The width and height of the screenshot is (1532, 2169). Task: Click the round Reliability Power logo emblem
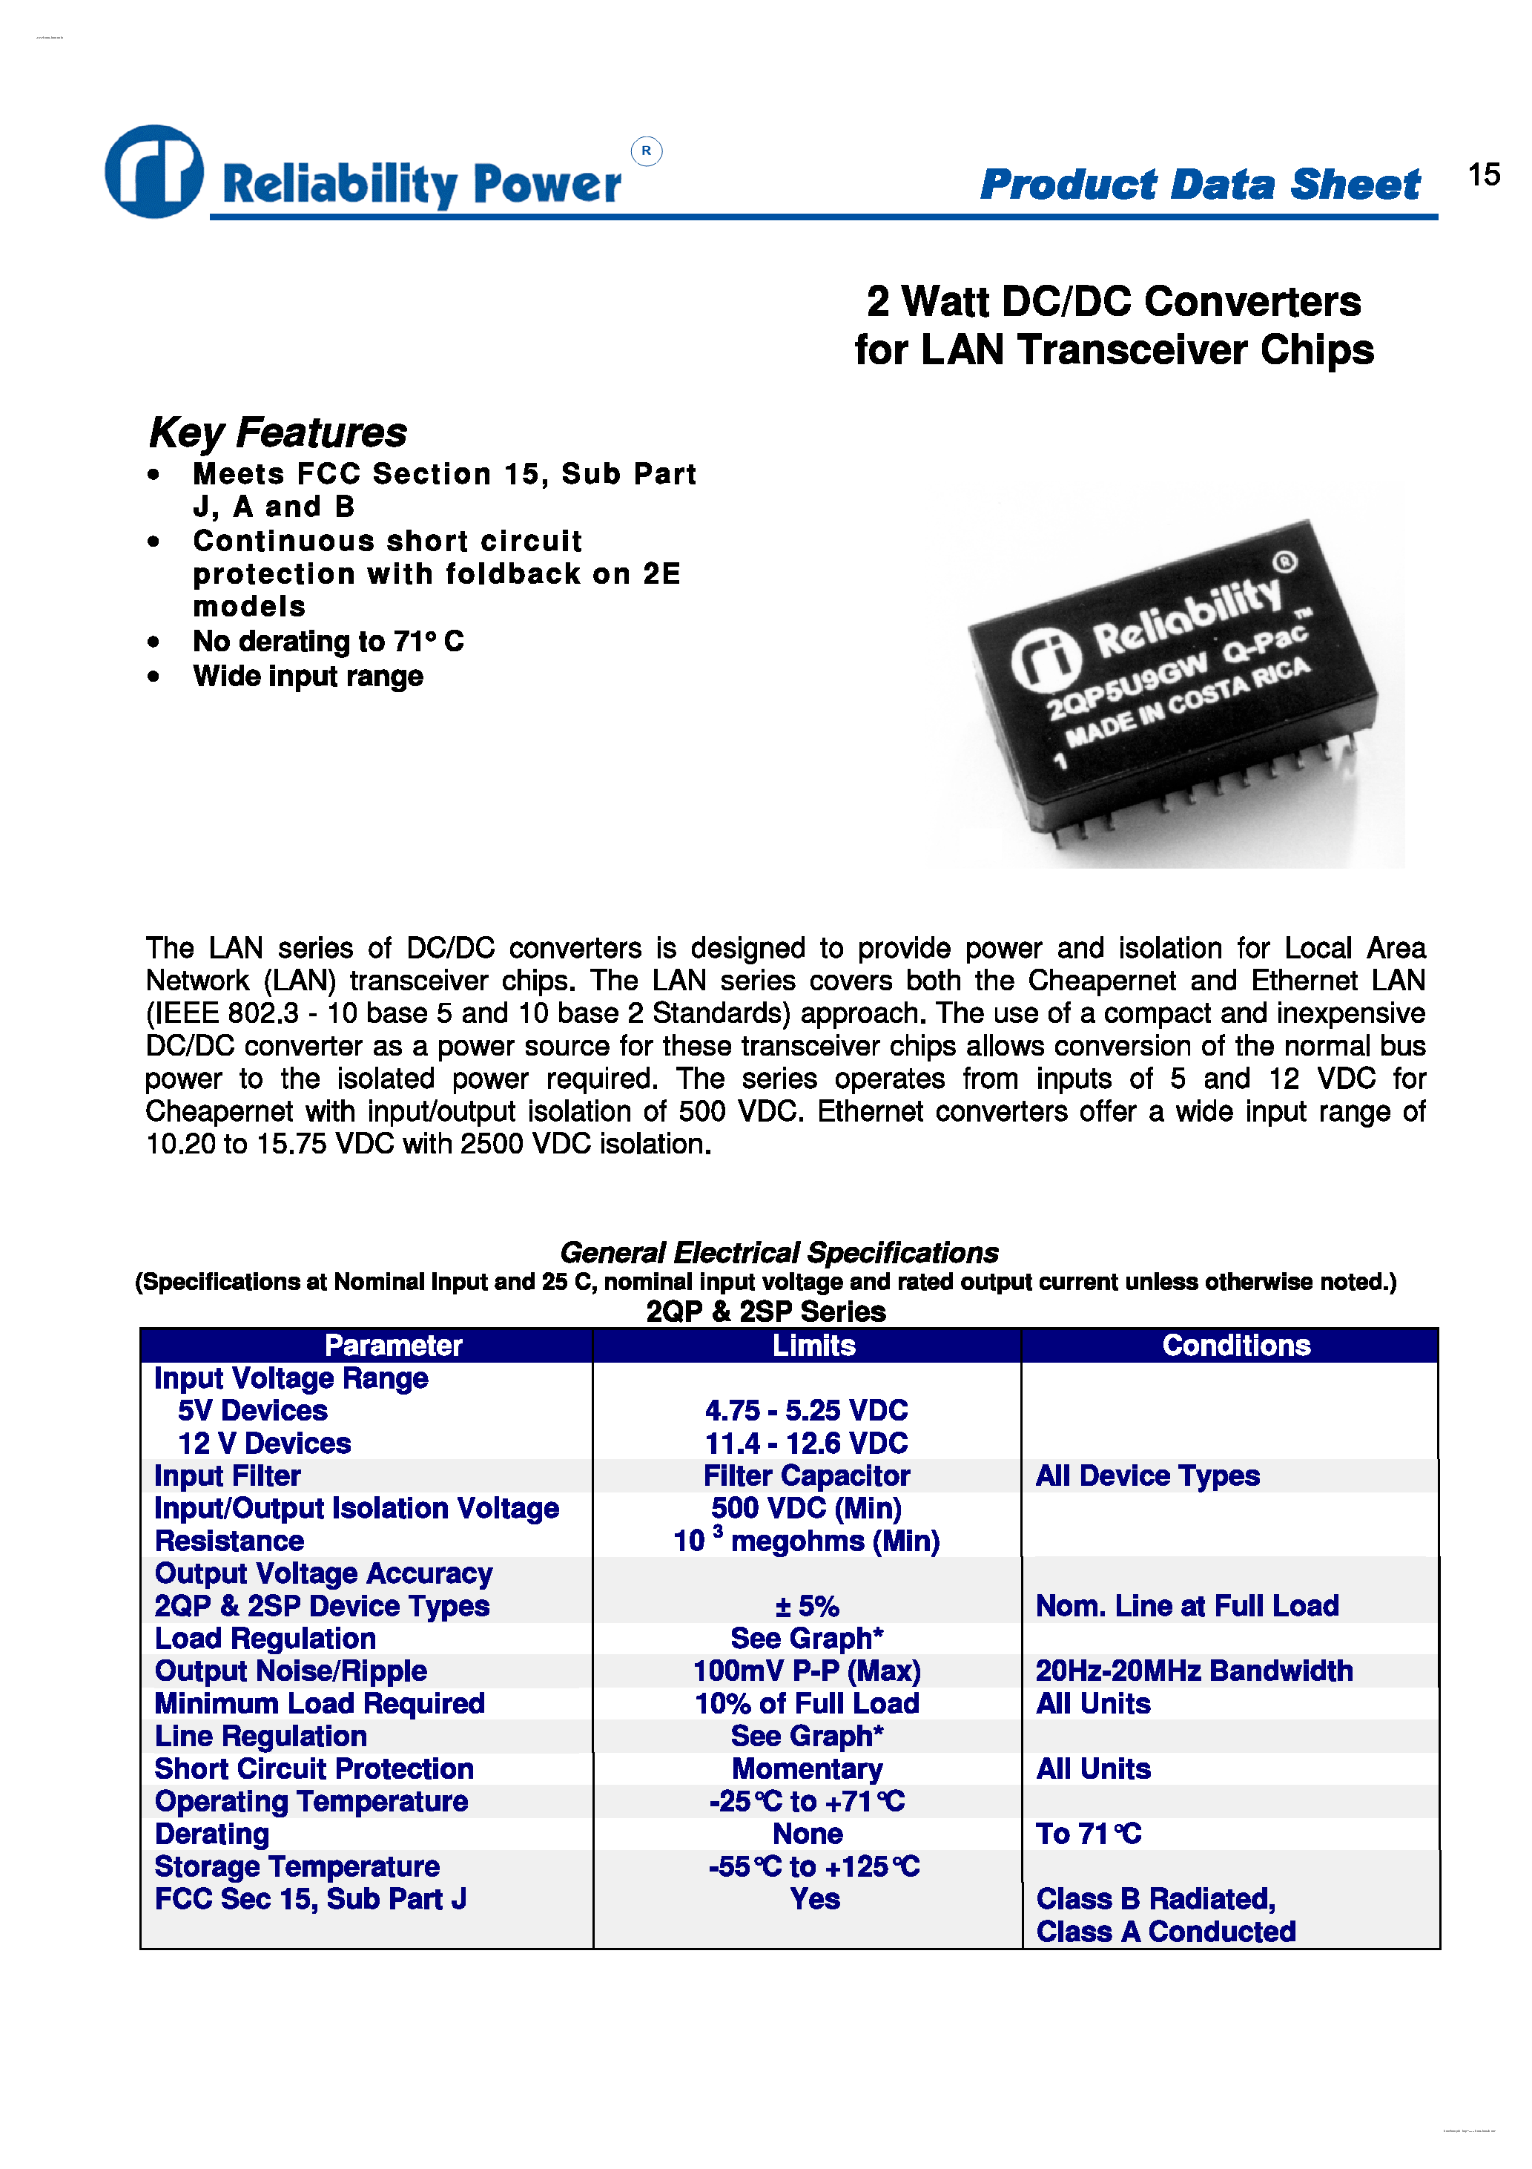point(154,171)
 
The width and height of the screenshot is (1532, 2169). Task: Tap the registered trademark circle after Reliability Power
point(646,151)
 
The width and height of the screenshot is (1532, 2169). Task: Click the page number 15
point(1483,175)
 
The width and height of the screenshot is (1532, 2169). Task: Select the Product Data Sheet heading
point(1200,183)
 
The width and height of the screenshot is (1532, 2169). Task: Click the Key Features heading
point(277,432)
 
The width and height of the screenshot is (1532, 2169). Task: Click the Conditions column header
point(1235,1344)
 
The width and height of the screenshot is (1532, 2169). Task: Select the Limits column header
point(813,1344)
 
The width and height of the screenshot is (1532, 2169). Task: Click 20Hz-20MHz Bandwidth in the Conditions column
point(1194,1671)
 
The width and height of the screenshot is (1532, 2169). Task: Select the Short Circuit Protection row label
point(314,1768)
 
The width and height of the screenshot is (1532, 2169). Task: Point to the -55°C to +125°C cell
point(813,1866)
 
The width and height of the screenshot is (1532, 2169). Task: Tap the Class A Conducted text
point(1166,1932)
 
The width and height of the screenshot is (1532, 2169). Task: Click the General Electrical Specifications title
point(779,1253)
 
